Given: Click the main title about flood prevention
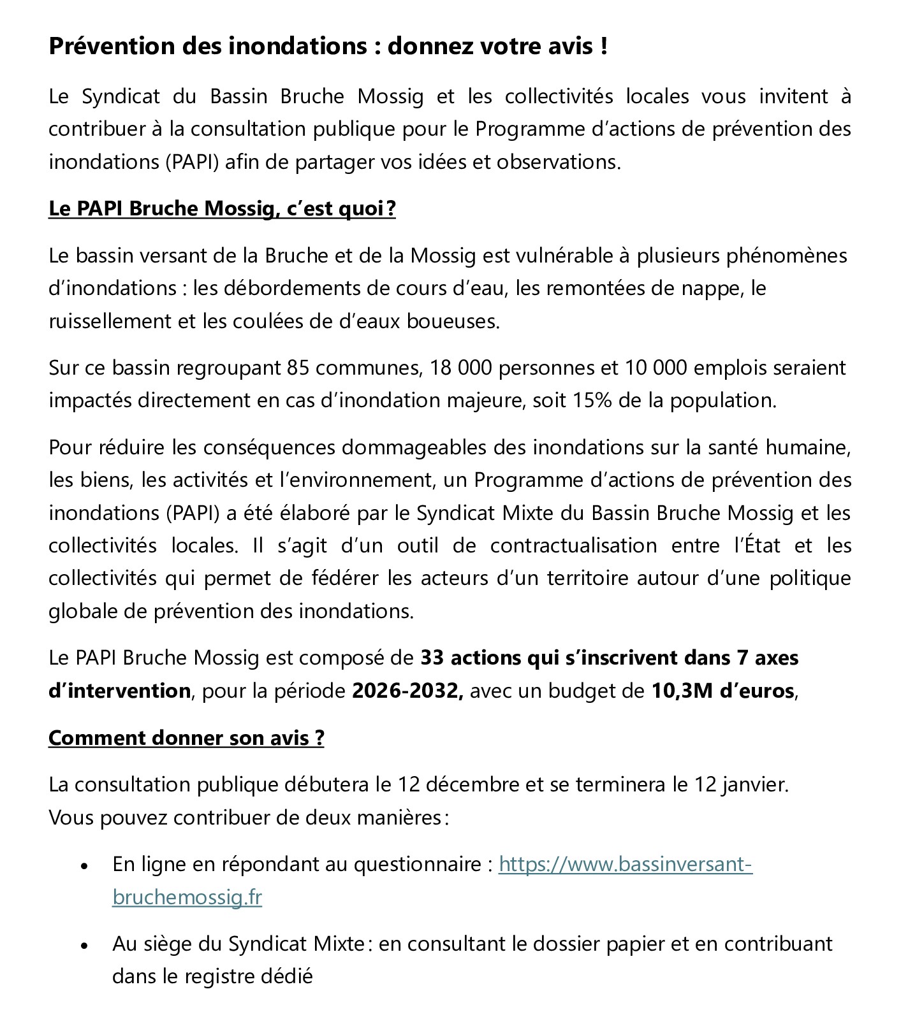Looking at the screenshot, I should click(328, 47).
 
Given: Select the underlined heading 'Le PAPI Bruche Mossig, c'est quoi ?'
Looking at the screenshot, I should click(222, 209).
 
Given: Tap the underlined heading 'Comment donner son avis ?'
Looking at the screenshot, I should click(186, 738).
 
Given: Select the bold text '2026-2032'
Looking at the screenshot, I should click(407, 691).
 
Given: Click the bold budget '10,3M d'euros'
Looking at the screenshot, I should click(722, 691).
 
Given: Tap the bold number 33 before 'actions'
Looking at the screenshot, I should click(432, 658).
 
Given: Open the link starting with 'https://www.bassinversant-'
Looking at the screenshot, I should click(625, 865).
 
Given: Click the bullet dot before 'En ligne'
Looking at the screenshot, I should click(84, 867).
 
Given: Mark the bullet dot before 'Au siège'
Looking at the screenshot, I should click(84, 946).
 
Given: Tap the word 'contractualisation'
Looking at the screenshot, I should click(573, 546).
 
